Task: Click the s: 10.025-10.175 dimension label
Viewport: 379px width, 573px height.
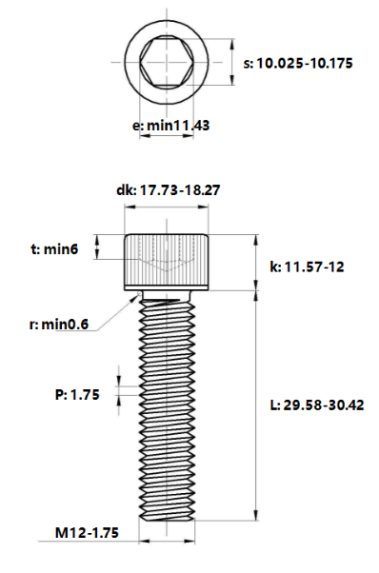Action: click(x=298, y=63)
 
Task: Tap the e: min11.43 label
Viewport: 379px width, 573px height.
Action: click(x=170, y=126)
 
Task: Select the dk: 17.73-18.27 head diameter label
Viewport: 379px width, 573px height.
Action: click(x=169, y=190)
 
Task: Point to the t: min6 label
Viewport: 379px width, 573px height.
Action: click(x=54, y=249)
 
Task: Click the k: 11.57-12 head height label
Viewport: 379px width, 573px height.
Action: click(x=307, y=267)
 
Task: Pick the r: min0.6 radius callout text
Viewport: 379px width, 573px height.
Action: click(x=59, y=324)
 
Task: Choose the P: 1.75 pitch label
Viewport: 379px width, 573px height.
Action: click(x=77, y=395)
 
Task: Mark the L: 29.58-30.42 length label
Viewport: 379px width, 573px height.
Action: click(x=317, y=405)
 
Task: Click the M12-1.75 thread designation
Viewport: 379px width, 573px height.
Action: click(x=87, y=532)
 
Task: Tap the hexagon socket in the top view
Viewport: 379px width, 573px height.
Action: click(x=167, y=62)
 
